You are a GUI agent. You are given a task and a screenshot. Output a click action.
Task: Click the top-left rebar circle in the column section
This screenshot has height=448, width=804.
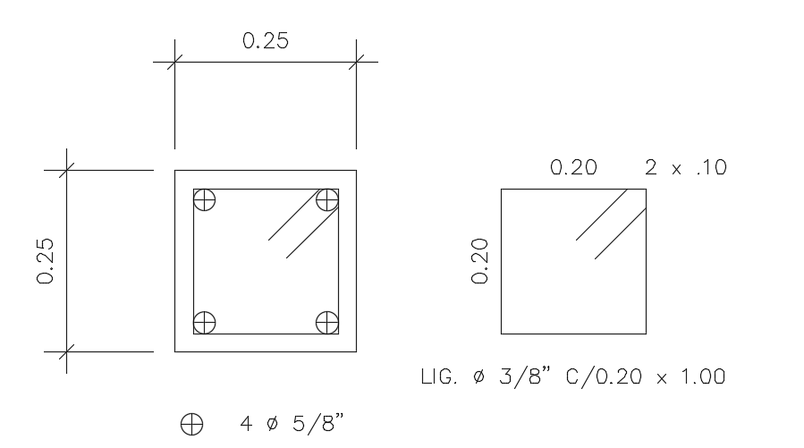[x=205, y=199]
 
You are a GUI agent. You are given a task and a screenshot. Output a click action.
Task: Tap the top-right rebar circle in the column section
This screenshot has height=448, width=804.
[x=327, y=199]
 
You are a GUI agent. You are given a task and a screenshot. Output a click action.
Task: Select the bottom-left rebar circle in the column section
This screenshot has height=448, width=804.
[x=205, y=322]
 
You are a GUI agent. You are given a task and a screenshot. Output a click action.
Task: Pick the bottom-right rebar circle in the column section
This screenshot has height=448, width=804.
[x=327, y=322]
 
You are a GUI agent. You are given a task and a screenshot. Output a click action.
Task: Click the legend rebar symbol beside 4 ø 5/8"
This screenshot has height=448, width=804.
[x=191, y=424]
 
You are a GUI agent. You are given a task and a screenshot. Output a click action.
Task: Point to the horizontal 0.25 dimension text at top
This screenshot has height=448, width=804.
[x=266, y=41]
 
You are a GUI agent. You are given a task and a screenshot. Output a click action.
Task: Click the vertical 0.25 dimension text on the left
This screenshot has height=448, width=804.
[x=47, y=260]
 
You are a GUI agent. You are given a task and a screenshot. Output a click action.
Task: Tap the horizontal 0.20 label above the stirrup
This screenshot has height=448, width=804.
[x=573, y=167]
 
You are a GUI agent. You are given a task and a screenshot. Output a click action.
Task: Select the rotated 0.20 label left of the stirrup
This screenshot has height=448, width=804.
[x=480, y=260]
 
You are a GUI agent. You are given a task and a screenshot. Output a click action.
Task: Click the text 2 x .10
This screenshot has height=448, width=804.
[x=686, y=167]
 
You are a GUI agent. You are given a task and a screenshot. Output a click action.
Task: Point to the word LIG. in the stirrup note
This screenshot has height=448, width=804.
[x=438, y=376]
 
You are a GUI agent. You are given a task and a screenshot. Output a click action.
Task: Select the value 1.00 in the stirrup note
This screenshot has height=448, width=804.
[x=698, y=376]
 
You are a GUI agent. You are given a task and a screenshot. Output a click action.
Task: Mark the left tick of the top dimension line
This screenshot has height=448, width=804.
[x=174, y=62]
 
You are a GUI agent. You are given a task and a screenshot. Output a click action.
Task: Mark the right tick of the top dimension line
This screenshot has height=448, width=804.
[x=357, y=62]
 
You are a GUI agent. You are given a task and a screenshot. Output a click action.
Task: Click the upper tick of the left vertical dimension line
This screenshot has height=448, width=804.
[x=66, y=170]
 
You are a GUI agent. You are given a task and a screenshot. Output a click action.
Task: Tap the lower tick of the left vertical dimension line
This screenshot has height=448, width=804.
[x=66, y=351]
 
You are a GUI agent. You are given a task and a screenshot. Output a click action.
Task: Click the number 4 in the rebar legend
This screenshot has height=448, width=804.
[x=245, y=423]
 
